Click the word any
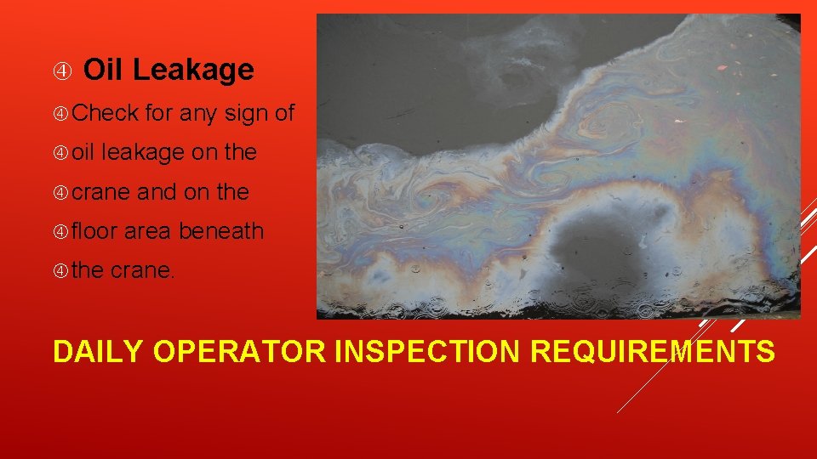coord(197,112)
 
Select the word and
coord(157,192)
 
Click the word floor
coord(95,231)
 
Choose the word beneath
coord(221,231)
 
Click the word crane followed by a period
coord(143,271)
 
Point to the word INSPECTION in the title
coord(428,350)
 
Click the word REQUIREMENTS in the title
coord(654,350)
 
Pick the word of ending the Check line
coord(284,112)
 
